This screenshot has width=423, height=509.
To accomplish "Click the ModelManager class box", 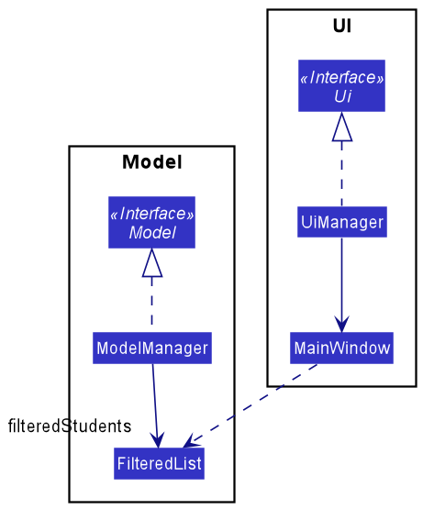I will pyautogui.click(x=152, y=349).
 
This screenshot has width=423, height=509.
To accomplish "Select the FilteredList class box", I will pyautogui.click(x=159, y=462).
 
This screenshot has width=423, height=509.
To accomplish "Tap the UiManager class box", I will pyautogui.click(x=341, y=222).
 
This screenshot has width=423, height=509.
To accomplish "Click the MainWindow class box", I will pyautogui.click(x=341, y=349).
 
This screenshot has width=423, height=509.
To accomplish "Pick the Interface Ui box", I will pyautogui.click(x=341, y=86).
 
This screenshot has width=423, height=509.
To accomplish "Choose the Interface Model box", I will pyautogui.click(x=151, y=222).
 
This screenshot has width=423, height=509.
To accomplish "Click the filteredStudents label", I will pyautogui.click(x=69, y=426).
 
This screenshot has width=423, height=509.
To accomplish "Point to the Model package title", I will pyautogui.click(x=151, y=163).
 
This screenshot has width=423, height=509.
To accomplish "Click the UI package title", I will pyautogui.click(x=341, y=27).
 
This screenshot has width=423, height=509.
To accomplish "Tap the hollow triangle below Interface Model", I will pyautogui.click(x=151, y=264).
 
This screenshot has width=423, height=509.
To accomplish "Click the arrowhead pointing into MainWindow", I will pyautogui.click(x=341, y=323).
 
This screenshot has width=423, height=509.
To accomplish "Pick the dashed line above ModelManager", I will pyautogui.click(x=151, y=305).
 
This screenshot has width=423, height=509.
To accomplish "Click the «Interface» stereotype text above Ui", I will pyautogui.click(x=341, y=78).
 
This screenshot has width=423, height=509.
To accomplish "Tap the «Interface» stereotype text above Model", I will pyautogui.click(x=151, y=214).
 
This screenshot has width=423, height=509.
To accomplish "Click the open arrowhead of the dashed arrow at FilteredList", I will pyautogui.click(x=191, y=440).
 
